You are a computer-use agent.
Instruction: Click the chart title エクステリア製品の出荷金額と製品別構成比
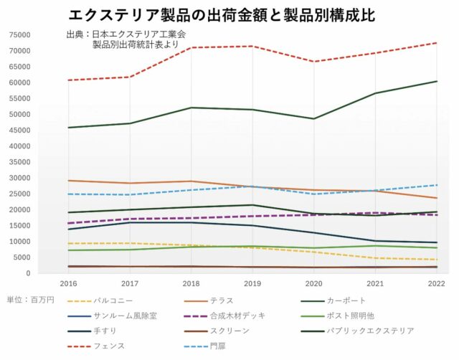pos(222,15)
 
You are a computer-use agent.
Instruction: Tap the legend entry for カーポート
pos(345,300)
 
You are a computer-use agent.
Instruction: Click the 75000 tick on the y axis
pos(19,35)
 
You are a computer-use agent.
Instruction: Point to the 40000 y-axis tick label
pos(19,146)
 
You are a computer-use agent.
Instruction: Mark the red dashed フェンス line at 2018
pos(191,47)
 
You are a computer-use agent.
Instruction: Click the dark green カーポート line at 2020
pos(313,118)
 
